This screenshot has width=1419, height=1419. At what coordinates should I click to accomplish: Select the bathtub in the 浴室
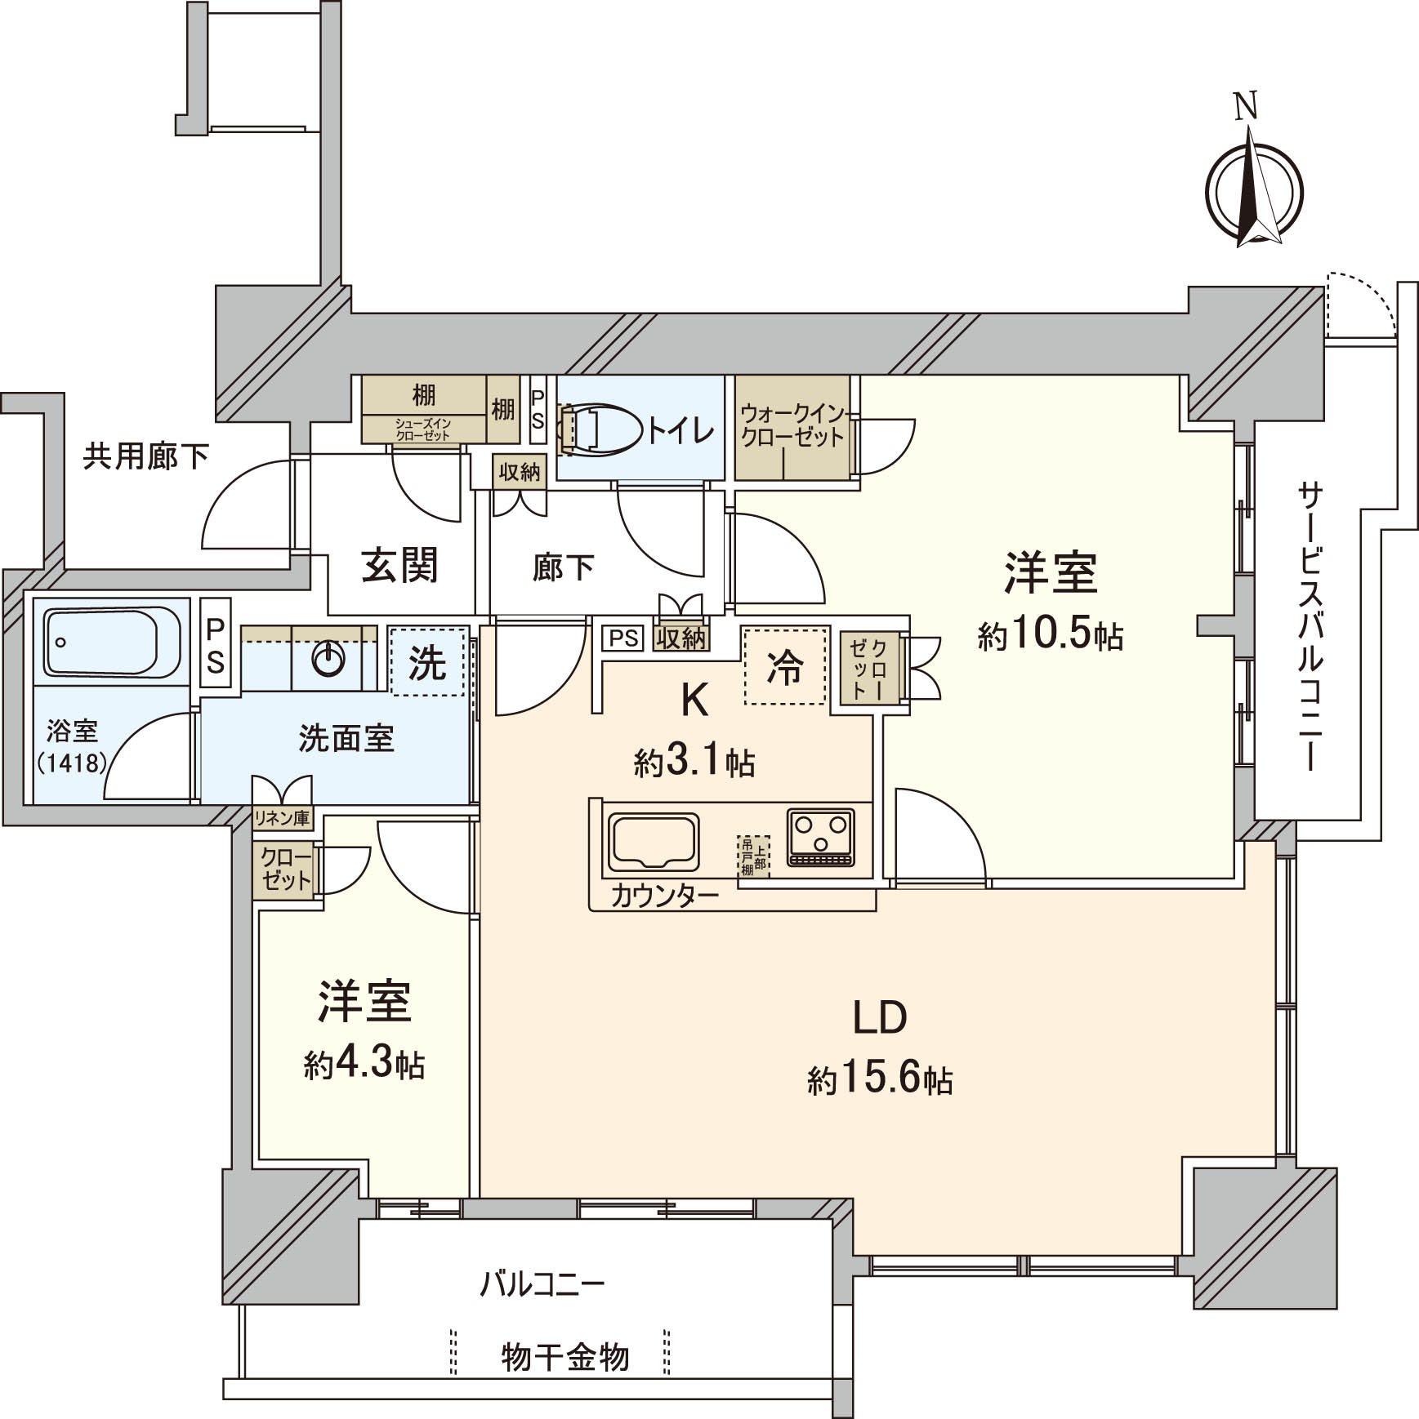112,642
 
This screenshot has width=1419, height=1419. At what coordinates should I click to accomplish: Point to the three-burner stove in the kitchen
820,838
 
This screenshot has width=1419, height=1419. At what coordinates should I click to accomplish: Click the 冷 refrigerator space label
784,668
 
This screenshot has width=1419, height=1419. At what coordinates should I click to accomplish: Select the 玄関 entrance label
400,566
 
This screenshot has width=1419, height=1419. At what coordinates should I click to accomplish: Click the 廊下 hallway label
563,567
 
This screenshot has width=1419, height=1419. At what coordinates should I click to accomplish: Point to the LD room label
880,1017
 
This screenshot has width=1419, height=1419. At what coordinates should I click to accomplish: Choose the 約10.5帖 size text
1050,636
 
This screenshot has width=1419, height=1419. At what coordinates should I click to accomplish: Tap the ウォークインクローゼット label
792,425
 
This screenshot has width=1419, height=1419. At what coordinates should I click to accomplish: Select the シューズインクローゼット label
422,429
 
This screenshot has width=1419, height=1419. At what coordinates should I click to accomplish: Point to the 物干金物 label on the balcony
564,1358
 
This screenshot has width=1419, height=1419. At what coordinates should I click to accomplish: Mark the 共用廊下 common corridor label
145,457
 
